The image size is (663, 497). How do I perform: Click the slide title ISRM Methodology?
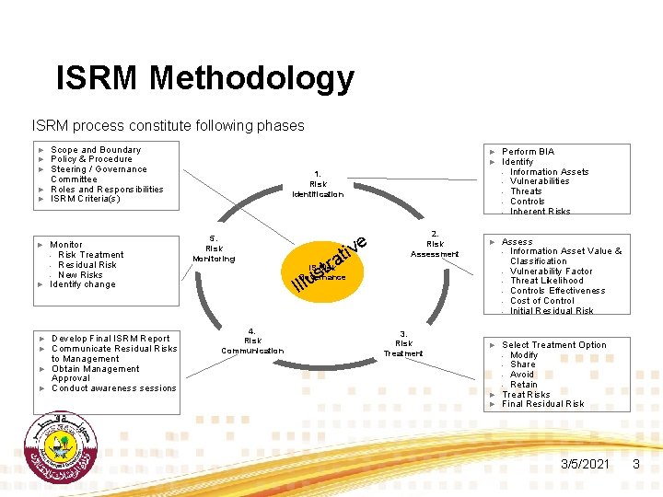204,78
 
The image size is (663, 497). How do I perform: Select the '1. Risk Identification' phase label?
318,184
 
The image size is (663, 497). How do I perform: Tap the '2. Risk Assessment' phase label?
435,244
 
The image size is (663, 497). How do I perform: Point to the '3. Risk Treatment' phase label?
403,343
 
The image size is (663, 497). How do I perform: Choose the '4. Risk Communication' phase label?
252,341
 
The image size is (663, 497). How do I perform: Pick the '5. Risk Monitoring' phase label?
214,248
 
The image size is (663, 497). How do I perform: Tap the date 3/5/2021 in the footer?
585,465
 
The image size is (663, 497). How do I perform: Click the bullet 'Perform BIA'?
528,152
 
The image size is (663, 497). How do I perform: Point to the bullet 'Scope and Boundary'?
96,150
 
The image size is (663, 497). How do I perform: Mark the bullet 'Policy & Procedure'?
91,159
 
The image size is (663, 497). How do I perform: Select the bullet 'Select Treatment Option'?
553,345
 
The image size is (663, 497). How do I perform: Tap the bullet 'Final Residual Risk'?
542,403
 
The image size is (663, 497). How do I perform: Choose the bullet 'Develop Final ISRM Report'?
110,339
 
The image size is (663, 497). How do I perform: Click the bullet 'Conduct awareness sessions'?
113,388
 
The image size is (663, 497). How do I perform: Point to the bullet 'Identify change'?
83,284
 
